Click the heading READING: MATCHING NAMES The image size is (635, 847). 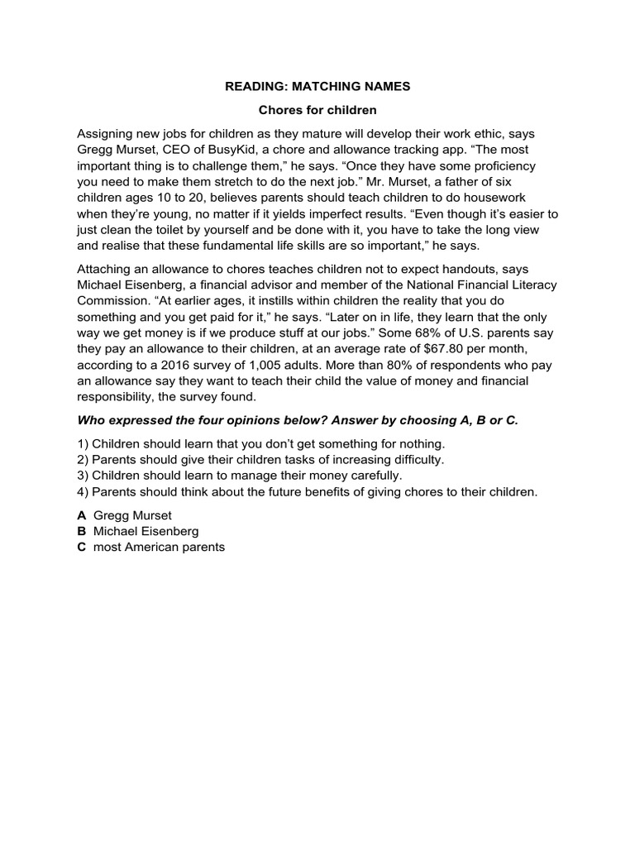click(x=318, y=85)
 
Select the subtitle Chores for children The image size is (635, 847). click(x=318, y=110)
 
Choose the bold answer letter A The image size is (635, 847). click(x=82, y=514)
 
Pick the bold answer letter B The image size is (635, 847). click(x=82, y=531)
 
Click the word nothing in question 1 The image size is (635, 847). click(x=421, y=444)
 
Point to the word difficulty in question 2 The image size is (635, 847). click(x=415, y=460)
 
